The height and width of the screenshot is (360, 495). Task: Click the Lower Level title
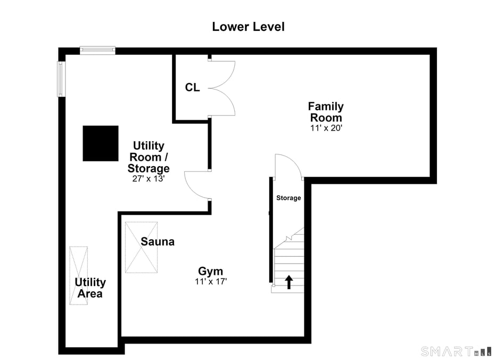pos(248,27)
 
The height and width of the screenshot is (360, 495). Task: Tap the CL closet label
pos(192,87)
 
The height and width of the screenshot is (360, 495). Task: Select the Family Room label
pos(326,112)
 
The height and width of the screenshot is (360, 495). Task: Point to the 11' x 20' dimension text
pos(326,128)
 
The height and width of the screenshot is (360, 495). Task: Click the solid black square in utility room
pos(101,143)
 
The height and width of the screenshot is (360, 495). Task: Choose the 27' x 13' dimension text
pos(148,179)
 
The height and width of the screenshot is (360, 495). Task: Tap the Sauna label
pos(158,242)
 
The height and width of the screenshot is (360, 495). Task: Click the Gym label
pos(211,271)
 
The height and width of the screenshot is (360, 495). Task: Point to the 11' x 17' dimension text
pos(211,281)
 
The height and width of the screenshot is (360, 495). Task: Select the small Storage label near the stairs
pos(288,198)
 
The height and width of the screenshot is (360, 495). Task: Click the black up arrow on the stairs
pos(289,282)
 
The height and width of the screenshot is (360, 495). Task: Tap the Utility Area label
pos(90,288)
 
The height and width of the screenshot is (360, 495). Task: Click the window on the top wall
pos(97,50)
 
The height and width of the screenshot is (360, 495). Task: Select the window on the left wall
pos(61,79)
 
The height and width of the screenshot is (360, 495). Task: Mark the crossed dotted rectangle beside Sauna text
pos(141,247)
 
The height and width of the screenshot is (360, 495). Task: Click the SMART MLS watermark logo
pos(457,351)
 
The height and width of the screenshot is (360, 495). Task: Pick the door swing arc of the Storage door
pos(294,160)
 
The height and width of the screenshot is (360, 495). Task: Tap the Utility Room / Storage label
pos(148,157)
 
